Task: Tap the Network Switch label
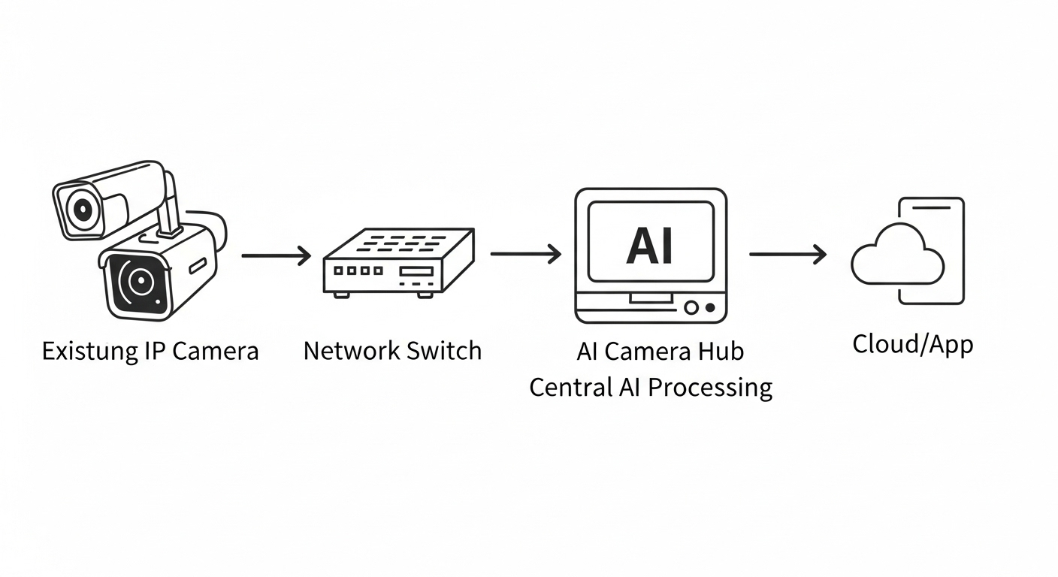coord(391,350)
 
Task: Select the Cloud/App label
coord(912,344)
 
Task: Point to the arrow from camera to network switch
coord(276,255)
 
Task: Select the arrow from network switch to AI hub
coord(525,254)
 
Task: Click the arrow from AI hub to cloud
coord(787,255)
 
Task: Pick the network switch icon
coord(398,263)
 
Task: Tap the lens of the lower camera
coord(138,282)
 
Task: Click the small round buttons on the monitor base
coord(700,307)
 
